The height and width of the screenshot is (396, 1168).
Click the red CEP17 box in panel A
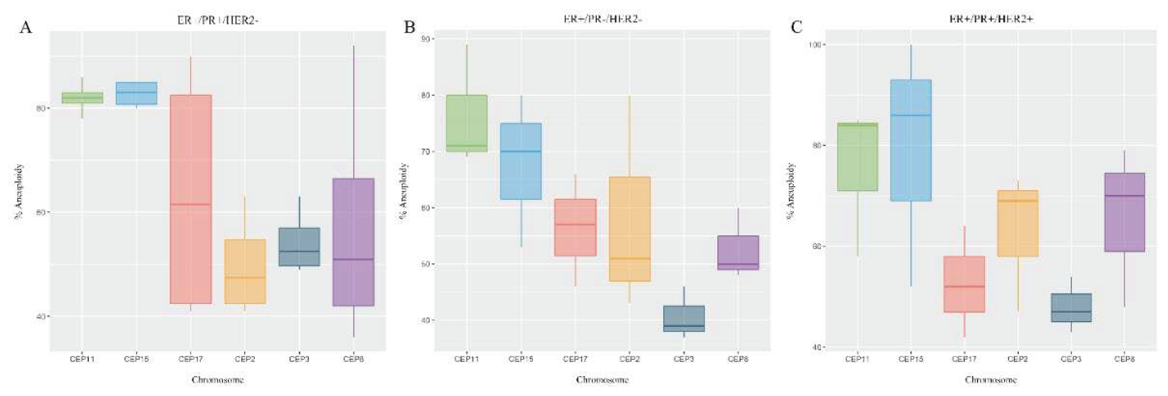191,199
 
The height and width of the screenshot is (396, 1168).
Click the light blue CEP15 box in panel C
911,140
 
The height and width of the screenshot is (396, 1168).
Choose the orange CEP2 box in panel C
1018,223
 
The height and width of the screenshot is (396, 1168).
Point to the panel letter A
26,28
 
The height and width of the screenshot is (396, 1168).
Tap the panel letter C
796,28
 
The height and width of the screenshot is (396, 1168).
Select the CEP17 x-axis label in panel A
191,359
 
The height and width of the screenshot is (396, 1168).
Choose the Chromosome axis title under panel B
602,380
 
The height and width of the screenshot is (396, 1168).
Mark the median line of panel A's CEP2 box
245,277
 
